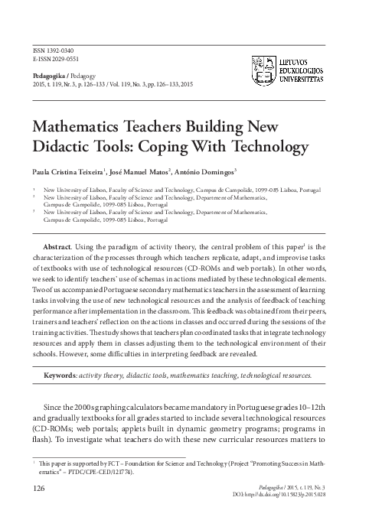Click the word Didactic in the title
point(60,145)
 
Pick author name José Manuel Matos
point(143,171)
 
